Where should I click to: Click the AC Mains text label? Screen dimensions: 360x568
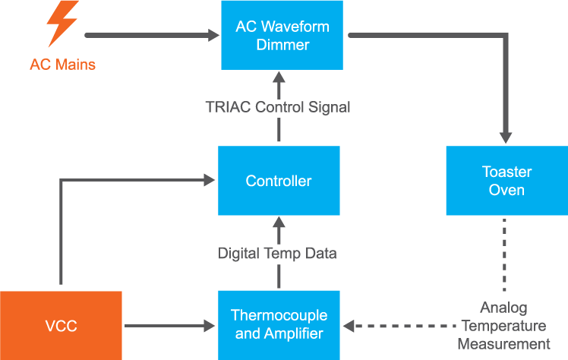click(62, 65)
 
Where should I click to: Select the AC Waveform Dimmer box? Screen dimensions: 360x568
click(282, 36)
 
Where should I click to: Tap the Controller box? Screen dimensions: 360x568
click(278, 181)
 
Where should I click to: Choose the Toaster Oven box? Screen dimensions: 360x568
click(506, 181)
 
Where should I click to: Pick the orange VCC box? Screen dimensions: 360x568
click(61, 326)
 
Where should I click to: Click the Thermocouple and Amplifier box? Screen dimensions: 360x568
click(279, 325)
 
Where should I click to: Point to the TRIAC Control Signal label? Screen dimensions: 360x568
click(278, 107)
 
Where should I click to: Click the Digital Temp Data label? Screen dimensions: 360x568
click(277, 253)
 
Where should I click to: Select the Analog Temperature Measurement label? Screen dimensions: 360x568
click(503, 326)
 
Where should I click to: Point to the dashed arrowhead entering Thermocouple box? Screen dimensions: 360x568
click(349, 326)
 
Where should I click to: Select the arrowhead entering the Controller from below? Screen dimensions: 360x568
click(278, 224)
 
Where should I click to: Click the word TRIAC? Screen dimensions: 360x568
click(226, 107)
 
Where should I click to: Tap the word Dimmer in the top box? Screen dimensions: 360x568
click(282, 45)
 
